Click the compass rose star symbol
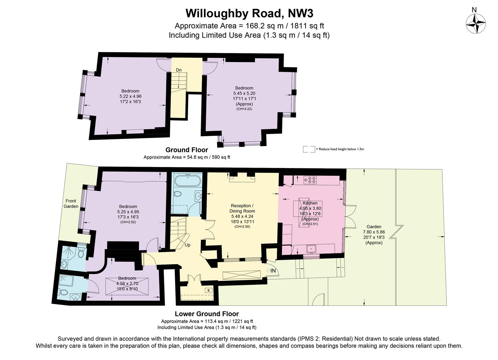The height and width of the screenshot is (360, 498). (476, 24)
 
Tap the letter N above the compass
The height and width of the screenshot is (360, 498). (474, 10)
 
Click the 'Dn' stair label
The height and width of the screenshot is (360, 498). (179, 70)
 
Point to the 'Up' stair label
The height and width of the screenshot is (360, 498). (188, 245)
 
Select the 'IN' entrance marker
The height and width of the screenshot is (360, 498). (273, 271)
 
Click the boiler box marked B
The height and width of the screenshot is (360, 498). (209, 290)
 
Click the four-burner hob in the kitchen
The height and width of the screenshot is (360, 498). (310, 180)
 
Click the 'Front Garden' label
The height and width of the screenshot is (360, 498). (71, 204)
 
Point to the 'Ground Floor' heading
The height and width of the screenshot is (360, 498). (187, 150)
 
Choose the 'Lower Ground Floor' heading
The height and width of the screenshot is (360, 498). (207, 314)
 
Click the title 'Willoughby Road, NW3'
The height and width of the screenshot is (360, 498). (249, 13)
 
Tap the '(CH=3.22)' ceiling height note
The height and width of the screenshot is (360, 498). (244, 109)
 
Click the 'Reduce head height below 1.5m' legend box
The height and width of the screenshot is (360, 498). (309, 149)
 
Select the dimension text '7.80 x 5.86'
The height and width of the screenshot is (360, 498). (374, 232)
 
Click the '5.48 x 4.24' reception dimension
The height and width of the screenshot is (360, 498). (242, 216)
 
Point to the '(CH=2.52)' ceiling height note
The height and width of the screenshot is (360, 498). (128, 222)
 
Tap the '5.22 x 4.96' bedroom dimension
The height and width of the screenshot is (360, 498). (131, 96)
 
